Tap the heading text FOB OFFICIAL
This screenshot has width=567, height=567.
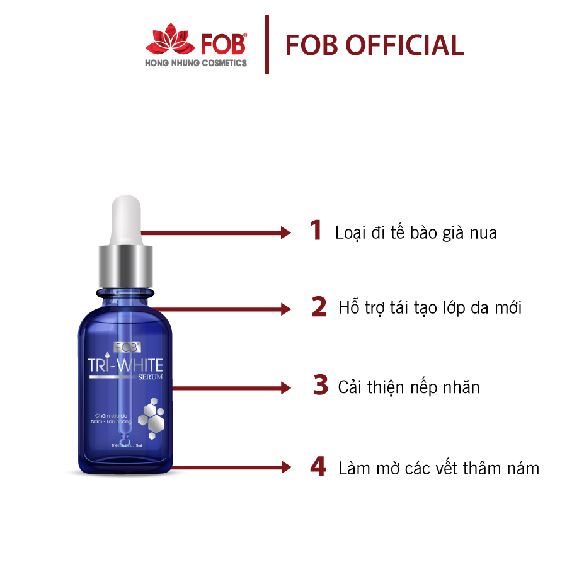click(375, 45)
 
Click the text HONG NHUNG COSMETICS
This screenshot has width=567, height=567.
click(196, 63)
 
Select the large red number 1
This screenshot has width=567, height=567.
click(316, 231)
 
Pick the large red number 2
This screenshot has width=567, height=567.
click(319, 307)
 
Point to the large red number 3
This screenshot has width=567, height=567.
click(321, 386)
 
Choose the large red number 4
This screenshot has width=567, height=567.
click(318, 467)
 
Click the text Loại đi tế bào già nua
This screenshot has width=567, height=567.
click(416, 232)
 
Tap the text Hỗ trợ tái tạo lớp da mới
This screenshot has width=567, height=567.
click(430, 308)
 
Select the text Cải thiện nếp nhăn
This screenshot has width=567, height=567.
click(408, 386)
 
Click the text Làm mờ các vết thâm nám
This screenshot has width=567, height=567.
click(438, 469)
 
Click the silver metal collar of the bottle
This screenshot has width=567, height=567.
click(125, 265)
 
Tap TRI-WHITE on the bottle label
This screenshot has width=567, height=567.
click(126, 365)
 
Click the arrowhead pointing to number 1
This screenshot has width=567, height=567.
click(285, 232)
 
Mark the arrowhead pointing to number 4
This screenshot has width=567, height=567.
click(285, 467)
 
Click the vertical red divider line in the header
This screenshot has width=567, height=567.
click(266, 45)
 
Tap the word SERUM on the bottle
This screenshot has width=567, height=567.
click(151, 377)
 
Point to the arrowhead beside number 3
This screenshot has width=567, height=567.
click(285, 386)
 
